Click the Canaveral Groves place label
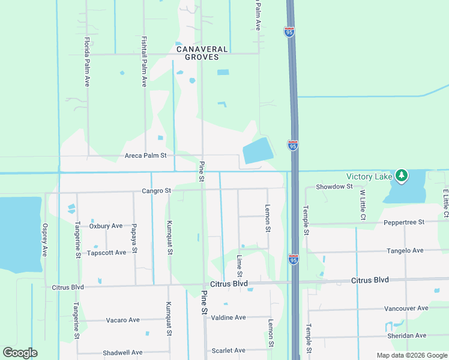click(202, 54)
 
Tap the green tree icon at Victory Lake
click(402, 176)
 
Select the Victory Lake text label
click(369, 176)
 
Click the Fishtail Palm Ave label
click(144, 62)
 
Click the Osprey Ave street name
click(44, 241)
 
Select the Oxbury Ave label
click(106, 226)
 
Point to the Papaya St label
click(135, 241)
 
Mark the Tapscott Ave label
click(106, 253)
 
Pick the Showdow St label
click(334, 187)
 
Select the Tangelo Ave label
click(405, 250)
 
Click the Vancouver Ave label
click(406, 308)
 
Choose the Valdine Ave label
click(229, 317)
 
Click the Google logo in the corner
click(20, 353)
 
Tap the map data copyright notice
click(411, 355)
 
